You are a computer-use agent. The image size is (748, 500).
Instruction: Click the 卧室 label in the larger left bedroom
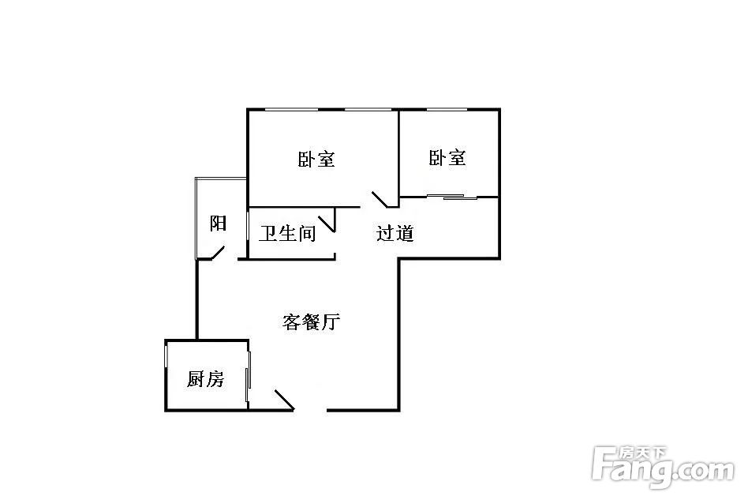(x=316, y=159)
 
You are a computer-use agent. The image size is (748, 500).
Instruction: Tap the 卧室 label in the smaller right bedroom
(x=447, y=158)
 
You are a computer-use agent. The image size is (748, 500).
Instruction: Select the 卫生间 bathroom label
(x=288, y=234)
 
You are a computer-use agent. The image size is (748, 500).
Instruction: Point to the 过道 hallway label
(x=395, y=234)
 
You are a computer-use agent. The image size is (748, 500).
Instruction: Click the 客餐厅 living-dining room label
(x=311, y=322)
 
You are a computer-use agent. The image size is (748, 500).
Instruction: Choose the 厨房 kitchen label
(x=205, y=379)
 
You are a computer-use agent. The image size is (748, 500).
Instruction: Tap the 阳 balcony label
(x=218, y=224)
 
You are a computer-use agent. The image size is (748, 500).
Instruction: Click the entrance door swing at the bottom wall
(x=284, y=400)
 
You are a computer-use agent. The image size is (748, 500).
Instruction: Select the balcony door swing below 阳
(x=217, y=253)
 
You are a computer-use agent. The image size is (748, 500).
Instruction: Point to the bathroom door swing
(x=327, y=224)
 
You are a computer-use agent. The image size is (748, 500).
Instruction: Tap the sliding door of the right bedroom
(x=452, y=196)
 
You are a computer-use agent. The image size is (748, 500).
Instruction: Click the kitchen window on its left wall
(x=166, y=356)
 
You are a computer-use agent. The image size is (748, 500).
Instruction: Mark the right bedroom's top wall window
(x=447, y=110)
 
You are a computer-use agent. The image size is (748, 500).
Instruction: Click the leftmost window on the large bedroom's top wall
(x=291, y=110)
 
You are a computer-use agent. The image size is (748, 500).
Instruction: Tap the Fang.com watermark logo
(x=663, y=467)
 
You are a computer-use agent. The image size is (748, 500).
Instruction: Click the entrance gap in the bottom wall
(x=311, y=410)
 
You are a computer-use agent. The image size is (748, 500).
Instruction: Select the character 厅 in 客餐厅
(x=331, y=322)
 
